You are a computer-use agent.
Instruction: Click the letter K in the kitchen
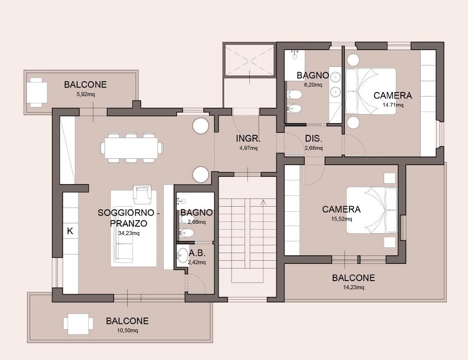(70, 231)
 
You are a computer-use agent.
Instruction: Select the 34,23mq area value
(128, 233)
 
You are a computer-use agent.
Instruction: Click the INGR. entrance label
(248, 138)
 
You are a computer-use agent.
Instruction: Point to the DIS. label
(314, 138)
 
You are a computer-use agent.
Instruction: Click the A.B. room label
(197, 253)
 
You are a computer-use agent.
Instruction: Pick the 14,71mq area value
(393, 105)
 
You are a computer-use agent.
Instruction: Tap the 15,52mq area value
(341, 219)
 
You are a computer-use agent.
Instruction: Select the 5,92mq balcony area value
(86, 94)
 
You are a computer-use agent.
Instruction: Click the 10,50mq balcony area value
(127, 330)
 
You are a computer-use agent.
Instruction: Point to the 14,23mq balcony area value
(353, 287)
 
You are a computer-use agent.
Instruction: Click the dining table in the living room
(131, 148)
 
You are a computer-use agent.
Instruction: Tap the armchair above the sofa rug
(142, 193)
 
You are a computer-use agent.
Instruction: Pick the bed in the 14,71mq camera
(371, 92)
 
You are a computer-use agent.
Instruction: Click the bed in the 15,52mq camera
(372, 210)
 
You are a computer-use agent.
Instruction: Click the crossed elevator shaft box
(248, 60)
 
